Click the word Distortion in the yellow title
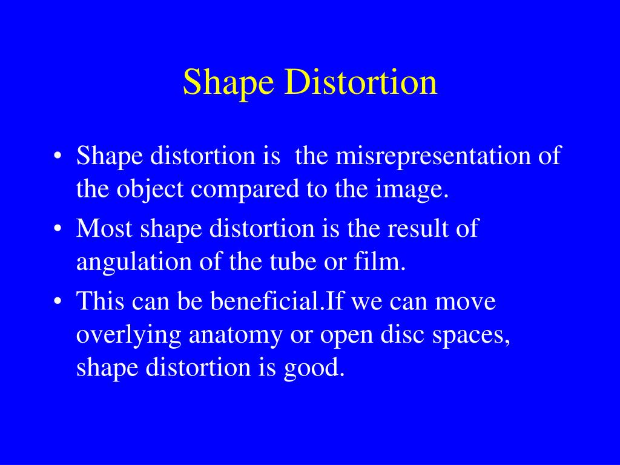pos(361,83)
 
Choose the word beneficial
pos(264,301)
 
